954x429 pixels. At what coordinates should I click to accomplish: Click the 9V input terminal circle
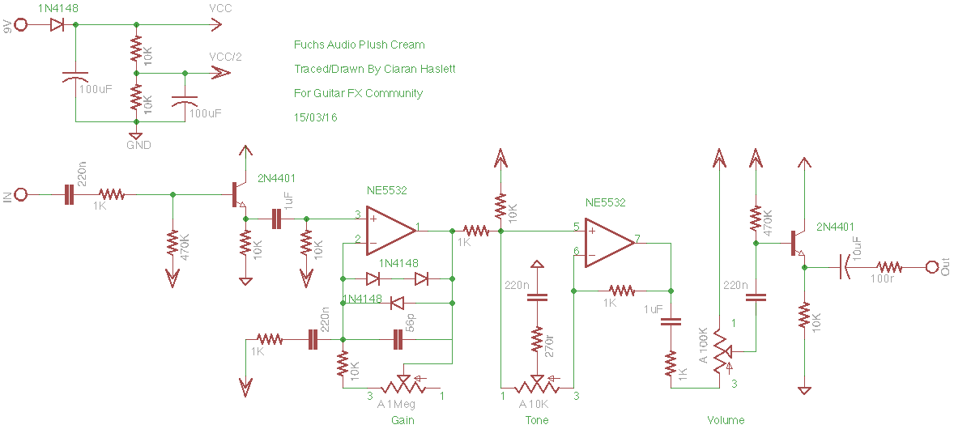coord(22,24)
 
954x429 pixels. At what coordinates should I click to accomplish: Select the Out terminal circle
coord(932,266)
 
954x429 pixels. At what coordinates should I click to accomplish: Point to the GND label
coord(138,145)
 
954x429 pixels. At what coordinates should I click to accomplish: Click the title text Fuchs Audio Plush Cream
coord(359,45)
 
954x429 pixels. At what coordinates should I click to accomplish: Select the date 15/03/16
coord(315,117)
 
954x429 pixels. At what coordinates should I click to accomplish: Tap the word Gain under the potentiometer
coord(403,420)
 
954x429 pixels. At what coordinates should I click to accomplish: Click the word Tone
coord(536,420)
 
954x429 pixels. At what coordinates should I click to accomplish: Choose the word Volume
coord(726,420)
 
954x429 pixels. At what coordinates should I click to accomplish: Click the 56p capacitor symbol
coord(398,340)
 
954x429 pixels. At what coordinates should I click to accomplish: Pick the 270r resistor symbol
coord(536,341)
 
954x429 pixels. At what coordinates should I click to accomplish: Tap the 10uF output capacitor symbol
coord(845,266)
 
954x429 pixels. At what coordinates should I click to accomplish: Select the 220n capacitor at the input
coord(68,194)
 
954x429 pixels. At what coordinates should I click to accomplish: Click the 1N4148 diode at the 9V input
coord(57,24)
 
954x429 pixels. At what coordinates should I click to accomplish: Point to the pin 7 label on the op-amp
coord(637,238)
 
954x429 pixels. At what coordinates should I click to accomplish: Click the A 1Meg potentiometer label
coord(397,404)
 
